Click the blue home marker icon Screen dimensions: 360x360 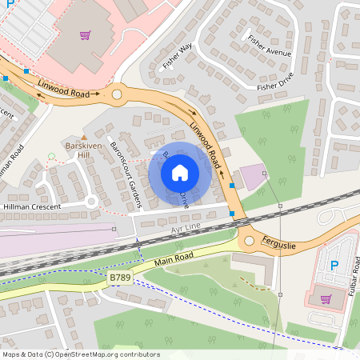(x=180, y=171)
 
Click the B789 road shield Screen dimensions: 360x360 (x=119, y=277)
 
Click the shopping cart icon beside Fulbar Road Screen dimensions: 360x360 (x=326, y=299)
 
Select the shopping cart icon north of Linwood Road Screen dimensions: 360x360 (x=85, y=35)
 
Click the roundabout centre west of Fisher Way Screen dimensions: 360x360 (x=118, y=94)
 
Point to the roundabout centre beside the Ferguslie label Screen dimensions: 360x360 (x=246, y=238)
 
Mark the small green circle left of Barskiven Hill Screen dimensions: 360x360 (x=52, y=155)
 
